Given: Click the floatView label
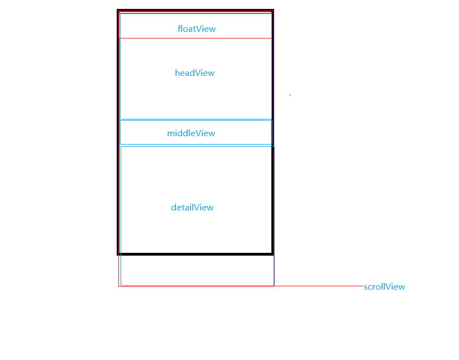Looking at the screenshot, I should click(x=197, y=29).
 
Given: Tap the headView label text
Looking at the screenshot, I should click(x=194, y=73).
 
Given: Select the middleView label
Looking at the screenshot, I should click(x=191, y=133).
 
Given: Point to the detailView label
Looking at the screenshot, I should click(x=192, y=208).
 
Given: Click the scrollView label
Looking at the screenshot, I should click(x=384, y=287).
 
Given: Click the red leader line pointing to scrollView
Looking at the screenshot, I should click(x=318, y=286).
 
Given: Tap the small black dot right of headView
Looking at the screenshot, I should click(x=290, y=95).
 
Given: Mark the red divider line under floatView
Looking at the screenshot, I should click(x=195, y=38).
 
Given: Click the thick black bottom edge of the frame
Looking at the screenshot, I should click(x=195, y=254).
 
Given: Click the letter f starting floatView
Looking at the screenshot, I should click(x=179, y=29).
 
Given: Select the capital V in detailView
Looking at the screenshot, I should click(x=197, y=208).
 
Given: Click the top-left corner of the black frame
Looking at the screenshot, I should click(x=118, y=10).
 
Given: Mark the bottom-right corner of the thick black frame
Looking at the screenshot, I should click(x=272, y=254).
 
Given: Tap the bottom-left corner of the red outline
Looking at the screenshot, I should click(x=119, y=286).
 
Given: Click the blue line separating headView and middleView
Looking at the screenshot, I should click(x=195, y=119).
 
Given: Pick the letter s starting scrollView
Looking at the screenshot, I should click(x=366, y=287).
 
